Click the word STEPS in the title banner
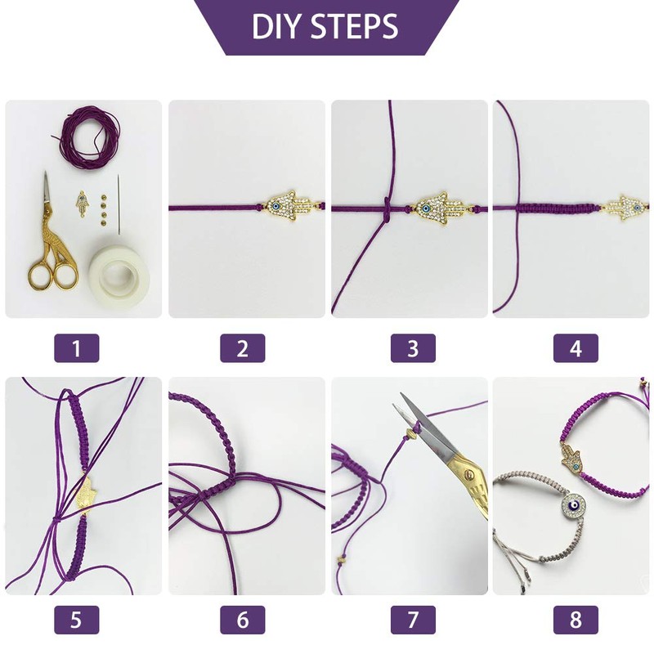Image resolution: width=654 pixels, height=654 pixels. [354, 26]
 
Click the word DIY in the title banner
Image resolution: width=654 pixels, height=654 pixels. [277, 26]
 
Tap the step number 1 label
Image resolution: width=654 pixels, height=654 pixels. [77, 348]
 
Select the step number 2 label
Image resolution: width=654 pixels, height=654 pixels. [242, 348]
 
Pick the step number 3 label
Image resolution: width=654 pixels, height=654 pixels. [413, 348]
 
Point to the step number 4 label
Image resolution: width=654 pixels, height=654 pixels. [576, 348]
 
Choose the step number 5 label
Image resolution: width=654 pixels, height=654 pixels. [77, 620]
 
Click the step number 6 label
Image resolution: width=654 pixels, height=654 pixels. [242, 620]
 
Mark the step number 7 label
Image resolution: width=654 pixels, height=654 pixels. [413, 620]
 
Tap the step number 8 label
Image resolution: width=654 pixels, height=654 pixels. [576, 620]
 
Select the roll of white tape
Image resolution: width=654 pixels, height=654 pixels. [119, 271]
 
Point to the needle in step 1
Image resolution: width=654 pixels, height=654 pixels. [119, 203]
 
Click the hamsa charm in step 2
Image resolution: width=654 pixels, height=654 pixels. [288, 207]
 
